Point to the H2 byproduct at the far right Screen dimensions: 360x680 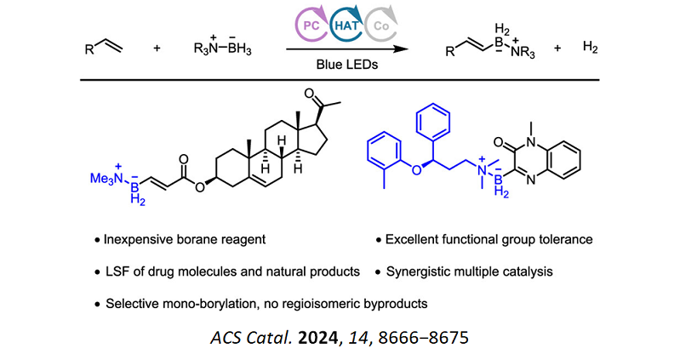tap(590, 49)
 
